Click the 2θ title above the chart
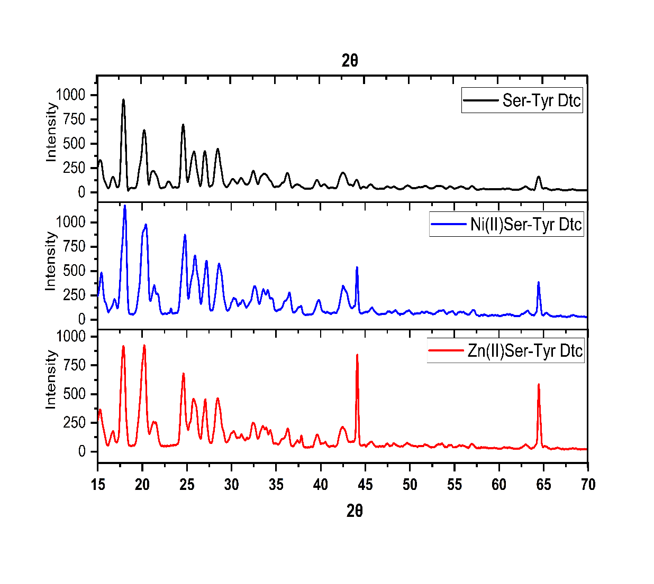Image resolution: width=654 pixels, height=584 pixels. (350, 61)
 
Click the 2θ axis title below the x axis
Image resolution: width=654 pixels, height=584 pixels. (355, 511)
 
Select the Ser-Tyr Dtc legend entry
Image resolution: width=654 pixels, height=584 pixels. (541, 100)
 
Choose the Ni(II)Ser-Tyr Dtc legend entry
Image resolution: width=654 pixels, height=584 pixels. (525, 225)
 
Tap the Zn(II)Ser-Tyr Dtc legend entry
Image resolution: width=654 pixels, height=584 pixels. (524, 351)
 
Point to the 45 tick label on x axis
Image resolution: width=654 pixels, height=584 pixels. (365, 485)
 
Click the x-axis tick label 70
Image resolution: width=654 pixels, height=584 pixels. (588, 485)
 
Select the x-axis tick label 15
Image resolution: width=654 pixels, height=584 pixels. (98, 485)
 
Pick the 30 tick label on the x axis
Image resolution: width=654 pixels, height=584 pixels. (231, 485)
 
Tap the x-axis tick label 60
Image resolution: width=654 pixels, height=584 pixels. (499, 485)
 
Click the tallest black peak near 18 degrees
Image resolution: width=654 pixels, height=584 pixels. (123, 100)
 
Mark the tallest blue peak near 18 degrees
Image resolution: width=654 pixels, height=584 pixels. (125, 206)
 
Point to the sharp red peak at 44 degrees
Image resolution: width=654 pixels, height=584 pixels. (357, 355)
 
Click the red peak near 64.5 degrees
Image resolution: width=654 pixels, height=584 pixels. (539, 385)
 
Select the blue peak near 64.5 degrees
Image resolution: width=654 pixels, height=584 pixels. (539, 283)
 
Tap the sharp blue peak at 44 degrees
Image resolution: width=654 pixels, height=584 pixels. (357, 268)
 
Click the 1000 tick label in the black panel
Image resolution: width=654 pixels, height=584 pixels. (70, 95)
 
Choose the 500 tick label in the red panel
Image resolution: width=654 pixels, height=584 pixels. (75, 394)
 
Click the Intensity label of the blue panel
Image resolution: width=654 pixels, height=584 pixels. (50, 261)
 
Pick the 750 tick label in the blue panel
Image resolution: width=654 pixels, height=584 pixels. (75, 247)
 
